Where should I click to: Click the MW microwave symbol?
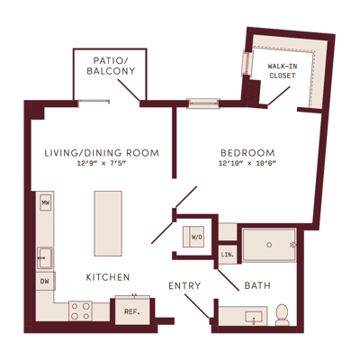(x=46, y=203)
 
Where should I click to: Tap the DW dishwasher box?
(x=45, y=281)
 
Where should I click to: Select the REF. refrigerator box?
(x=132, y=311)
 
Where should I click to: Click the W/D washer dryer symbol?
(x=193, y=237)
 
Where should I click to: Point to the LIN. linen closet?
(x=228, y=255)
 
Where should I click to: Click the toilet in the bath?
(x=282, y=315)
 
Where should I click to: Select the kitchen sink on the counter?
(x=44, y=258)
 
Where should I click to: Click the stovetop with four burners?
(x=80, y=311)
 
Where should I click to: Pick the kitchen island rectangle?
(x=108, y=223)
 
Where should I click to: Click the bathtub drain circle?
(x=269, y=245)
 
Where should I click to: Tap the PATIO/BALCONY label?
(x=111, y=66)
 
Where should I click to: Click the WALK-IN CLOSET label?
(x=283, y=71)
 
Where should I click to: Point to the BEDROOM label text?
(x=247, y=153)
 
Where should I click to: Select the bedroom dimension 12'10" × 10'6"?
(x=247, y=164)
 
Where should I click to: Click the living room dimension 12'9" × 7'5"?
(x=103, y=164)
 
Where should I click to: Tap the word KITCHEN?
(x=108, y=277)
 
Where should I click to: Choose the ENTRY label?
(x=184, y=285)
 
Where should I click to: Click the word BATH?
(x=257, y=285)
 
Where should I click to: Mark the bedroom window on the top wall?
(x=203, y=103)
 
